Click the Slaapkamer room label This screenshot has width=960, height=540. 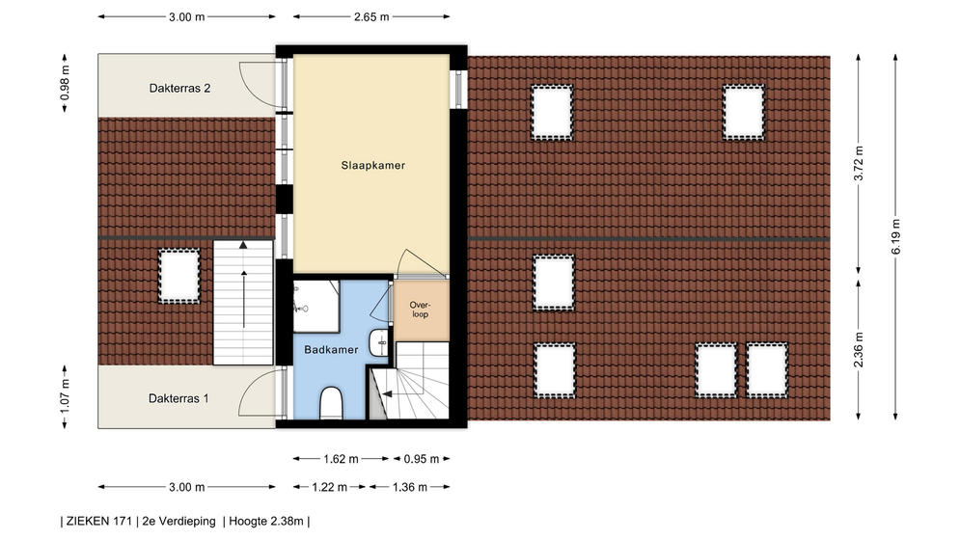coord(372,165)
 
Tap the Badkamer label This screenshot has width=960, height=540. coord(331,350)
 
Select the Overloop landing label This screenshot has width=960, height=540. coord(420,310)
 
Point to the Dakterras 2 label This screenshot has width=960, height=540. coord(180,88)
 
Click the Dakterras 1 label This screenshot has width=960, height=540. coord(178,398)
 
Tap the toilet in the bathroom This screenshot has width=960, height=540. coord(331,402)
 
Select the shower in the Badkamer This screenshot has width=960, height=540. coord(315,307)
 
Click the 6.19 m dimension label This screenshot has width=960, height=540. coord(895,236)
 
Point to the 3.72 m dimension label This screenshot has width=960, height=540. coord(859,164)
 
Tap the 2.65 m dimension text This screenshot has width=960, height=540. coord(371,17)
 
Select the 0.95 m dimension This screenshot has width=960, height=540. coord(422,459)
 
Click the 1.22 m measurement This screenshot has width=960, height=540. coord(329,487)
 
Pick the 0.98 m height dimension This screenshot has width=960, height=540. coord(65,83)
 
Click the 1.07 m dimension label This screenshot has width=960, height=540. coord(65,396)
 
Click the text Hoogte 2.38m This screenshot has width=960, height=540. coord(266,522)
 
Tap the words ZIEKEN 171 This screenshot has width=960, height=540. coord(99,522)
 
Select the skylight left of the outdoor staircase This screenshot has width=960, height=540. coord(179,276)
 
